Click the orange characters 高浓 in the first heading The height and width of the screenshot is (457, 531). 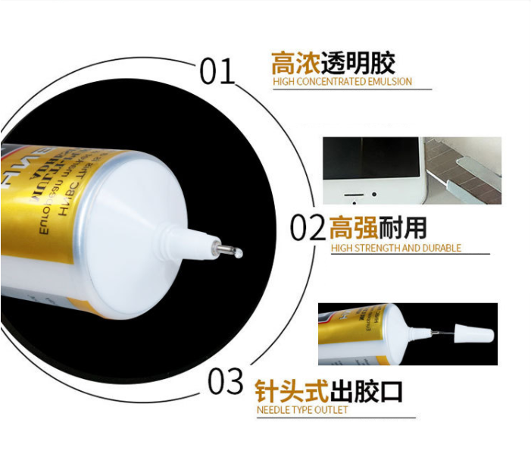295,62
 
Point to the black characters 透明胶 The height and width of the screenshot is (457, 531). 358,62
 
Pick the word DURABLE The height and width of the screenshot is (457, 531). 443,248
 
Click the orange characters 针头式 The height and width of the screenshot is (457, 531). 291,391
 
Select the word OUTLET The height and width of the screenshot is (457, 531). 330,410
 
